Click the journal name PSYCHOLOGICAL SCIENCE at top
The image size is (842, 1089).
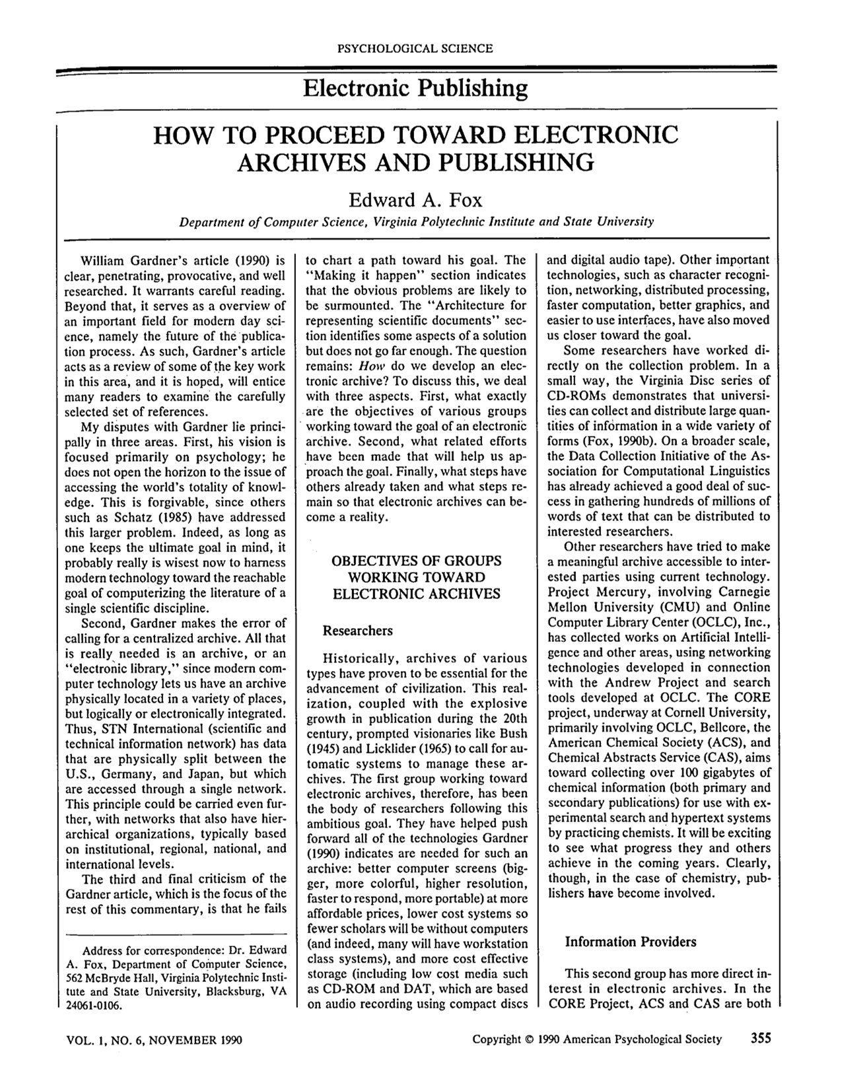coord(415,48)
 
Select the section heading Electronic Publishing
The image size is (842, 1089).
coord(415,88)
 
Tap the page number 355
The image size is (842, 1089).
coord(760,1039)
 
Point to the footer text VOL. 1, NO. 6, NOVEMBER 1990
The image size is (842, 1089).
coord(155,1040)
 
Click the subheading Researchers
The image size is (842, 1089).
coord(357,631)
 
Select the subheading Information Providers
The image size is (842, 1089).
coord(630,942)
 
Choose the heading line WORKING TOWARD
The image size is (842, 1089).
coord(417,577)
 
